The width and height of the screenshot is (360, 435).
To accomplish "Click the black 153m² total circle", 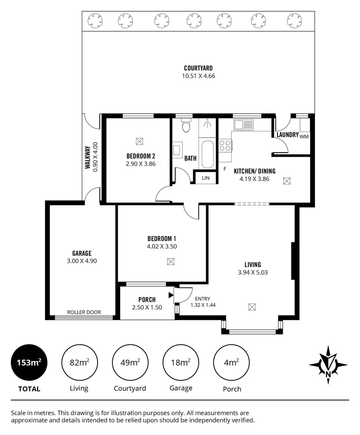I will [29, 362].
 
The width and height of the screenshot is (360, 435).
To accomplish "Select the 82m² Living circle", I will [79, 362].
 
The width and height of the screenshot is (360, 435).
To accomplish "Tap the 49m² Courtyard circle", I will [130, 362].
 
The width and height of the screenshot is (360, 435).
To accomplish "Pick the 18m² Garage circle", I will [180, 362].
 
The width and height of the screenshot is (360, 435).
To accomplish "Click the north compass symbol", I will [328, 365].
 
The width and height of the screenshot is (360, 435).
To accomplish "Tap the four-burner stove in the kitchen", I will [226, 145].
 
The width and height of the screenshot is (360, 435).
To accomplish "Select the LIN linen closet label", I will [206, 178].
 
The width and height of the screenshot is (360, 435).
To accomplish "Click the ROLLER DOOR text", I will [84, 312].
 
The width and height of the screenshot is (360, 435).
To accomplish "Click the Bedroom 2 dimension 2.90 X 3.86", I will [141, 164].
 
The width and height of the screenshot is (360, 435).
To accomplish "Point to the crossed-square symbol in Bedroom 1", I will [171, 261].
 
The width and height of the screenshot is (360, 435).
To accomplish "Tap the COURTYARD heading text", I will [198, 68].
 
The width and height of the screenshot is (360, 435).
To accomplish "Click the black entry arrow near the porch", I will [171, 296].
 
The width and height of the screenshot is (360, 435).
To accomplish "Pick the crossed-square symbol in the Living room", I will [252, 307].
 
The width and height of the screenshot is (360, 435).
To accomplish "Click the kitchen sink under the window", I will [243, 124].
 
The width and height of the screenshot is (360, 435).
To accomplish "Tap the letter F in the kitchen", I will [225, 169].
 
